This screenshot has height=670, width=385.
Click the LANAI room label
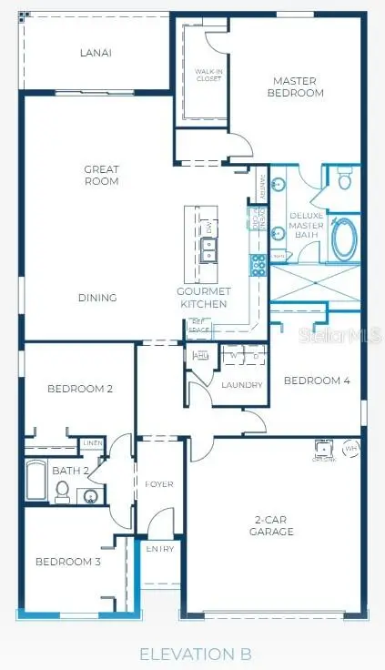(x=96, y=53)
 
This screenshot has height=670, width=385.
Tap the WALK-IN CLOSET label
(x=208, y=75)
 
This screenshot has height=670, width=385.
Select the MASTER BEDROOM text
(x=296, y=87)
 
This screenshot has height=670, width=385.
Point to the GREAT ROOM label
(x=101, y=175)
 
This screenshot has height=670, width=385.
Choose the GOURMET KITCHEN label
(x=203, y=297)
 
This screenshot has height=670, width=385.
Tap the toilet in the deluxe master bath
(x=344, y=180)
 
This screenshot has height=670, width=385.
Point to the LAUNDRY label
(x=242, y=385)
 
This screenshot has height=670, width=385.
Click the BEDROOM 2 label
(x=80, y=389)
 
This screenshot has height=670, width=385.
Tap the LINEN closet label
(x=93, y=442)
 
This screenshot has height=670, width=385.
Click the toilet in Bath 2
(x=63, y=491)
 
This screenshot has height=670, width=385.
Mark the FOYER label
(x=159, y=484)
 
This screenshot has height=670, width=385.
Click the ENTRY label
(x=160, y=549)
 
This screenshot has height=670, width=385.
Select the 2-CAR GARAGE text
(x=273, y=525)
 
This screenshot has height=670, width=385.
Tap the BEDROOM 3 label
(x=68, y=562)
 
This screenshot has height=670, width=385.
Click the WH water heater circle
(x=351, y=448)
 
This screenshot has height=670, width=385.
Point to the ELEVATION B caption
(x=194, y=654)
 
